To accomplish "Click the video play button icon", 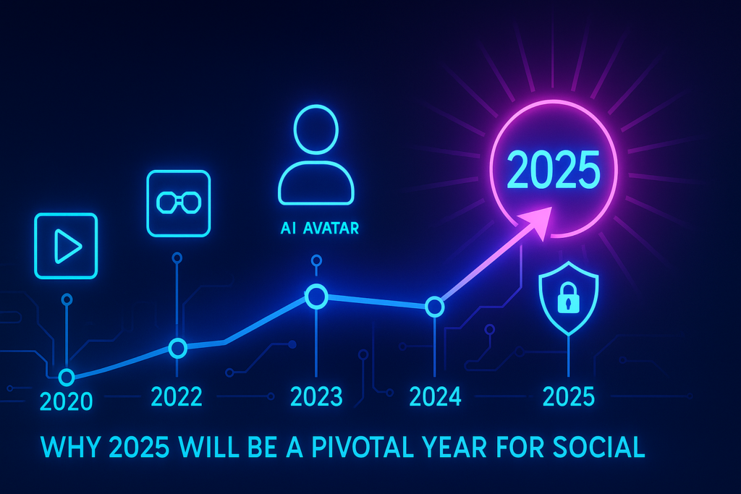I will (x=66, y=246).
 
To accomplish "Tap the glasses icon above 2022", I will (x=178, y=203).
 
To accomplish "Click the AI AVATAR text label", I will (x=319, y=229).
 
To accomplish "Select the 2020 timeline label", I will (x=67, y=400).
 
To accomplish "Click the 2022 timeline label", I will (x=177, y=396).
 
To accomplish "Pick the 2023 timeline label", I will (x=316, y=396).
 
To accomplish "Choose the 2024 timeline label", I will (x=435, y=396).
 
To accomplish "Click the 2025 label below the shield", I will (x=569, y=396).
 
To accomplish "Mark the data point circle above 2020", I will (x=67, y=376).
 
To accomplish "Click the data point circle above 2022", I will (x=177, y=348).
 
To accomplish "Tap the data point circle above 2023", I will (x=316, y=295).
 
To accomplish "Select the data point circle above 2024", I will (x=434, y=307).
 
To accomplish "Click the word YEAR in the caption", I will (x=484, y=447).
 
